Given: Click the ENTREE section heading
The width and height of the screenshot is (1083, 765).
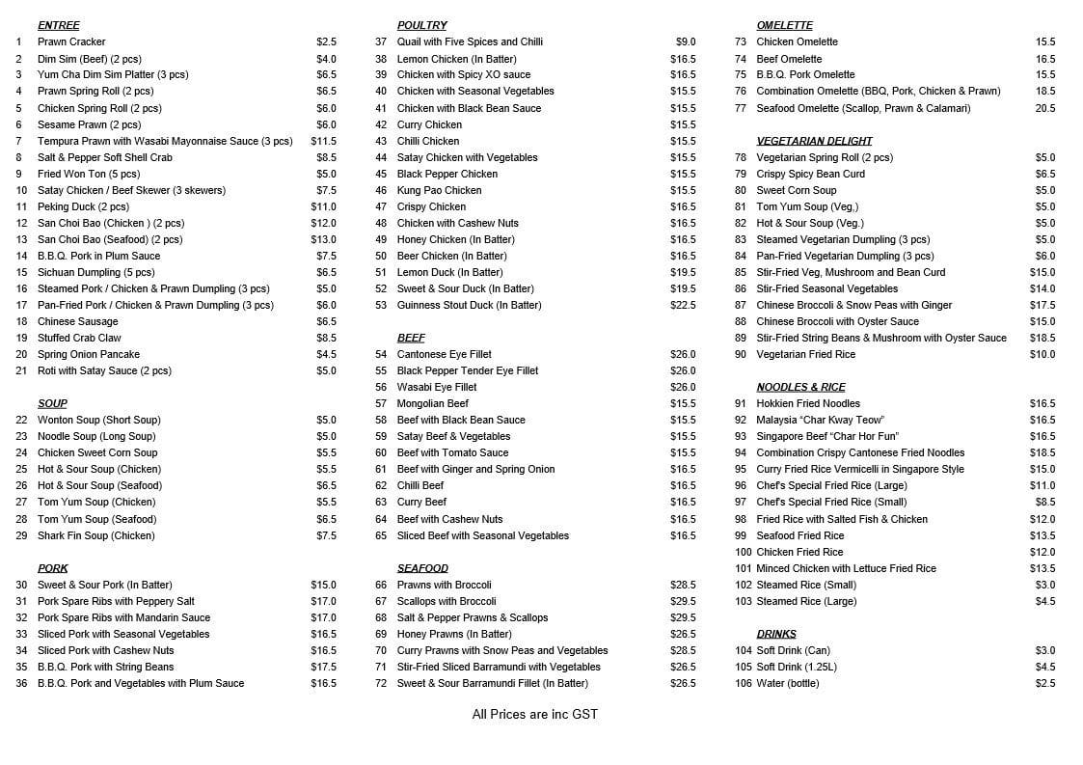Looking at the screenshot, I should pyautogui.click(x=58, y=25).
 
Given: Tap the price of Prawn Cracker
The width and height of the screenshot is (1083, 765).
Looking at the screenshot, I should pyautogui.click(x=326, y=42).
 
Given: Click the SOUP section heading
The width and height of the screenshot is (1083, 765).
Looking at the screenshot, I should pyautogui.click(x=52, y=403).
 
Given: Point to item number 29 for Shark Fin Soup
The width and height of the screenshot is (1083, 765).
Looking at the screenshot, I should pyautogui.click(x=21, y=535).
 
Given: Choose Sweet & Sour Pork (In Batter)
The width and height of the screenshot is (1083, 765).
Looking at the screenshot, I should pyautogui.click(x=104, y=585).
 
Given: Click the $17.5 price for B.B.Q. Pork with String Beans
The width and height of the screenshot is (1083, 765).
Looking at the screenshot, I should pyautogui.click(x=323, y=667).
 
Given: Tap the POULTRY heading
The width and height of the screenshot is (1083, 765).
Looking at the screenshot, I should pyautogui.click(x=421, y=25).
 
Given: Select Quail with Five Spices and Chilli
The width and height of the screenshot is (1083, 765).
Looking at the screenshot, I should pyautogui.click(x=470, y=42).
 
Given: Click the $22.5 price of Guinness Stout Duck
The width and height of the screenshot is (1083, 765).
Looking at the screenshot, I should pyautogui.click(x=683, y=305).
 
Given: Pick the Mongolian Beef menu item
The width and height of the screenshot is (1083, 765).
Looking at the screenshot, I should pyautogui.click(x=432, y=403).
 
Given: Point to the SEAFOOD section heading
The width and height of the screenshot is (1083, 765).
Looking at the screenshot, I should pyautogui.click(x=422, y=568).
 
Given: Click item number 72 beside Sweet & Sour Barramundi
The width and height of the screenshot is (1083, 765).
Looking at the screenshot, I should pyautogui.click(x=381, y=683).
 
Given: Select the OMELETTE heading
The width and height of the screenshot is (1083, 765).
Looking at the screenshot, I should pyautogui.click(x=784, y=25).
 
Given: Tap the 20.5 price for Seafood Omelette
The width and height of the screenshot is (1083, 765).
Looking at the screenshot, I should pyautogui.click(x=1045, y=108).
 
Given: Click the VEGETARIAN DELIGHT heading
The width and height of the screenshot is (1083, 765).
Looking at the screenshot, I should pyautogui.click(x=814, y=141).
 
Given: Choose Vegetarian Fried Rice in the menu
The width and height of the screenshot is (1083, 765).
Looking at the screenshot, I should pyautogui.click(x=805, y=354).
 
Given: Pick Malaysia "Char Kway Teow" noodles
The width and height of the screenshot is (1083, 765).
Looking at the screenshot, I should pyautogui.click(x=820, y=420).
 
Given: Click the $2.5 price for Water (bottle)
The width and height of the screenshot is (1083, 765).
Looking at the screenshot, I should pyautogui.click(x=1045, y=683).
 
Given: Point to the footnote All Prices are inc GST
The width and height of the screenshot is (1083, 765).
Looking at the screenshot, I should pyautogui.click(x=534, y=714).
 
